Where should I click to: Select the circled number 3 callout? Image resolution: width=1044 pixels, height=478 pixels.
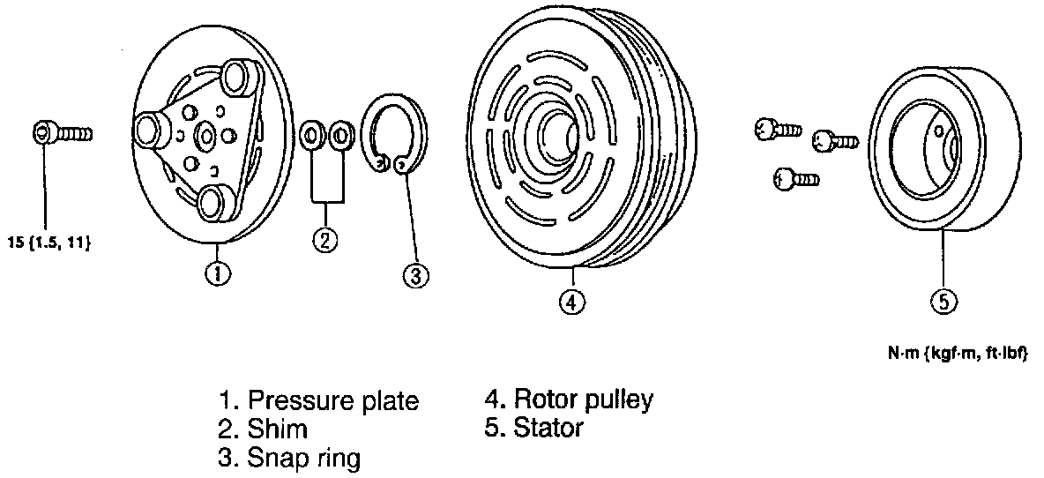pos(416,275)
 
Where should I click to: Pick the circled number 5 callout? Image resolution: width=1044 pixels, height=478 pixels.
pos(943,302)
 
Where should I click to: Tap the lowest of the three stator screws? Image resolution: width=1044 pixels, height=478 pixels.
pos(794,180)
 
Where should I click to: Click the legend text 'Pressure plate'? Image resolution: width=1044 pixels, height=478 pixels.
pos(332,401)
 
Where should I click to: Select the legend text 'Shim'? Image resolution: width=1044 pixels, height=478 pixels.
pos(278,429)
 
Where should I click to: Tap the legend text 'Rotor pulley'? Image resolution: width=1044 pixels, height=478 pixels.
pos(583,400)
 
